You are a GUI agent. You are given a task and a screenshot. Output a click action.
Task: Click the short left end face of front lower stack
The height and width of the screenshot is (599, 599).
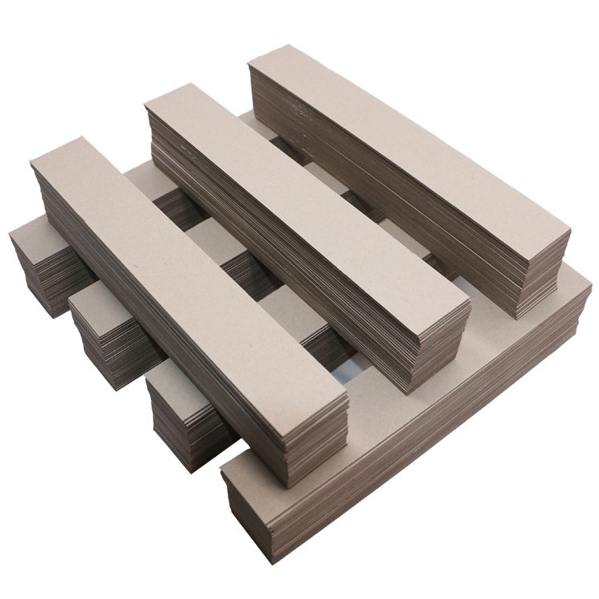coord(248,511)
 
